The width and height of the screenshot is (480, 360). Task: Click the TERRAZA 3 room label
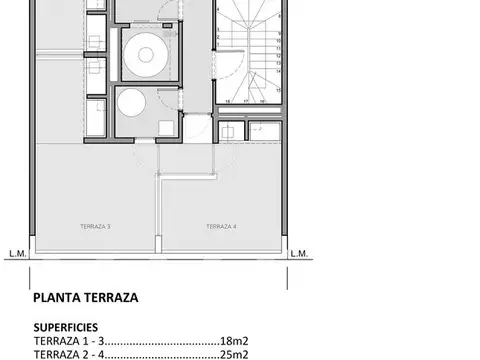[x=95, y=227]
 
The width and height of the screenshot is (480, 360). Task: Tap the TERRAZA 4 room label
[x=221, y=227]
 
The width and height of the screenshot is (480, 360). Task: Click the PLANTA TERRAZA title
[x=85, y=297]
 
